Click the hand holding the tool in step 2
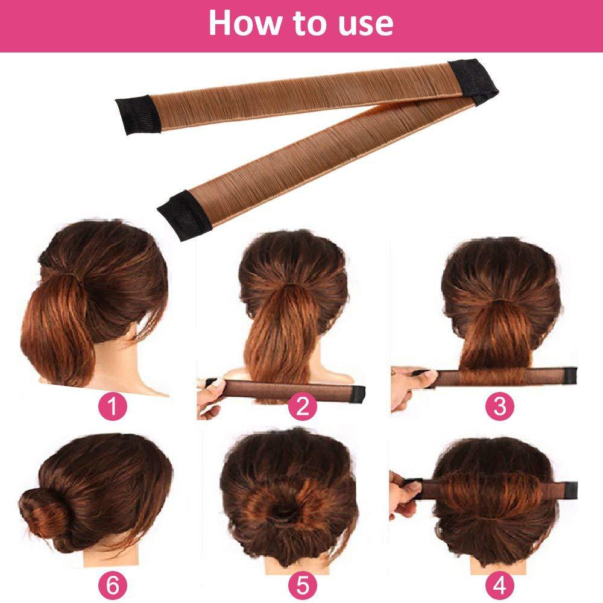click(208, 398)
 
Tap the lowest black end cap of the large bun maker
click(184, 212)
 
